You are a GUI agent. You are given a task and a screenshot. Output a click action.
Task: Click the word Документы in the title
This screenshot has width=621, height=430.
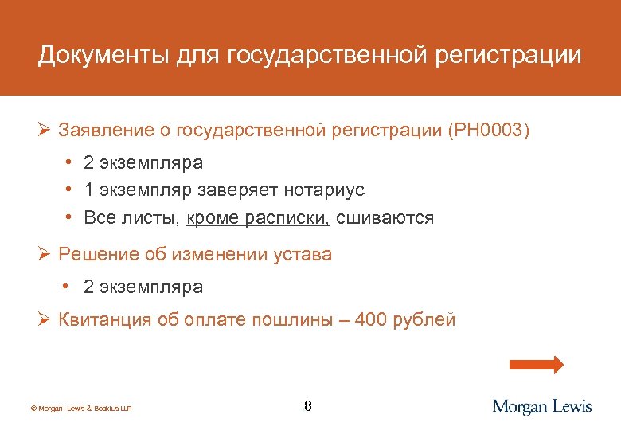[x=89, y=55]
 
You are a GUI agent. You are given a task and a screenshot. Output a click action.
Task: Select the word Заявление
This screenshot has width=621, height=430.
[x=98, y=130]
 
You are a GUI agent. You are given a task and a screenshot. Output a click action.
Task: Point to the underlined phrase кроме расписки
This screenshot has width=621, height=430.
[x=258, y=218]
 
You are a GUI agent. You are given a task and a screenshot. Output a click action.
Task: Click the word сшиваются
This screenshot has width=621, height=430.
[x=385, y=218]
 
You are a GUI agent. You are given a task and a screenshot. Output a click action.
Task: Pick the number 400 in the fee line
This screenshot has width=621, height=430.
[x=370, y=320]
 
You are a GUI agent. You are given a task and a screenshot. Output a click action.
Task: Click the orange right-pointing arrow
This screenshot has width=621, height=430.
[x=535, y=365]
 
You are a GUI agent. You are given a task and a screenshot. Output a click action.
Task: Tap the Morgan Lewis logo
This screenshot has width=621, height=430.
[x=542, y=406]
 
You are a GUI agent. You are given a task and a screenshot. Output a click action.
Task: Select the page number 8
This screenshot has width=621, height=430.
[x=308, y=406]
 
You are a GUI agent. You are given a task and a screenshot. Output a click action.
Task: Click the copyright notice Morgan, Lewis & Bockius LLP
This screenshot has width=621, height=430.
[x=80, y=408]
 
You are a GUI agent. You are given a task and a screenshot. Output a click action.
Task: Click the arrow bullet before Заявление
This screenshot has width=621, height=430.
[x=44, y=130]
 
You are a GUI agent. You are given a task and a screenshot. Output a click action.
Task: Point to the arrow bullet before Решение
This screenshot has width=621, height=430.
[x=44, y=255]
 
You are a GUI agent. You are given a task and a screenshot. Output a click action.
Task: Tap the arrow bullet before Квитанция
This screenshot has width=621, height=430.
[x=44, y=320]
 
